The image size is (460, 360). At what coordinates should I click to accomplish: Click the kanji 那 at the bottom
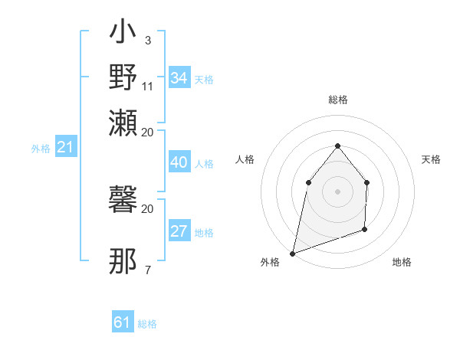click(x=123, y=261)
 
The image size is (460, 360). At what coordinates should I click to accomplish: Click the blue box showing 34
click(x=179, y=78)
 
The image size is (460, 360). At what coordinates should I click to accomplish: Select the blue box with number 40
click(x=179, y=162)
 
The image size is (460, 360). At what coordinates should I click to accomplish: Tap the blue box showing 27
click(x=179, y=231)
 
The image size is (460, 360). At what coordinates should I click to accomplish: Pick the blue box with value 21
click(x=65, y=148)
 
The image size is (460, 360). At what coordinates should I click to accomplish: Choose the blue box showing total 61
click(x=123, y=322)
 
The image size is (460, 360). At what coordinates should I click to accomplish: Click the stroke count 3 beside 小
click(x=147, y=41)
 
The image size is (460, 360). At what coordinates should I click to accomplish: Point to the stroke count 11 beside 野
click(x=148, y=86)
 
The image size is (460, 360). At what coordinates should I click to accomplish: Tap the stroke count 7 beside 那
click(x=147, y=269)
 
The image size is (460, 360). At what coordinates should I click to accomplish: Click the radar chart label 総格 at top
click(x=337, y=100)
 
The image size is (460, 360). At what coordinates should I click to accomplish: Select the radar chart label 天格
click(x=432, y=159)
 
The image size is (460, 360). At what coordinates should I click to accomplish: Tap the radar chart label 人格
click(x=245, y=159)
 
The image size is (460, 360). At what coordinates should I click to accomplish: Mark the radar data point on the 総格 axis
click(x=337, y=146)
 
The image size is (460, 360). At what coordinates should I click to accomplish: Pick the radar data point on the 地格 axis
click(x=365, y=229)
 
